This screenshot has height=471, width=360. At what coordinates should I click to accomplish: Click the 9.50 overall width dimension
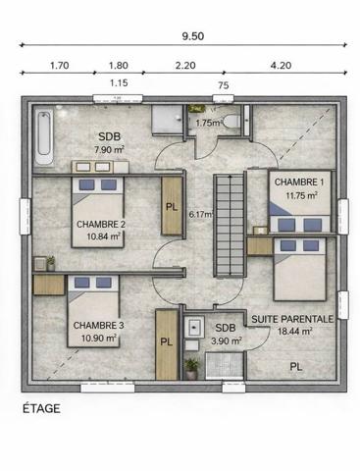(x=193, y=36)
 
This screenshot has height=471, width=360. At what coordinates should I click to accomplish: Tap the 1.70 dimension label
(x=59, y=66)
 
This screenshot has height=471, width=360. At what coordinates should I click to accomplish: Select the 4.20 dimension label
(x=281, y=66)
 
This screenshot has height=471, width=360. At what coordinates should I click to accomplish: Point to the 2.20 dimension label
(x=185, y=66)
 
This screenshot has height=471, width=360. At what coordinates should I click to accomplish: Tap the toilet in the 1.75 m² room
(x=231, y=122)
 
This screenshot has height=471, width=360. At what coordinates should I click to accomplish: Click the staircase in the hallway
(x=230, y=226)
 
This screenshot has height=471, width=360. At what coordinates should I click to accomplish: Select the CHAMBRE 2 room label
(x=101, y=225)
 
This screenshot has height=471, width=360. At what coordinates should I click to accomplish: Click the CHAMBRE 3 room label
(x=98, y=326)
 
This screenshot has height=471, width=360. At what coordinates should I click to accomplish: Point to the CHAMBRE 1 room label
(x=299, y=183)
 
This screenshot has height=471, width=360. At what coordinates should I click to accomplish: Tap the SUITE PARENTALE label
(x=292, y=319)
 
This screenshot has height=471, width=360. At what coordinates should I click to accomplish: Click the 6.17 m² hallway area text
(x=201, y=215)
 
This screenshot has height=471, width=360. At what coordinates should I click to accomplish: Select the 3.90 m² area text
(x=227, y=341)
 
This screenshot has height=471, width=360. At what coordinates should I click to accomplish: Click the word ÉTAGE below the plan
(x=41, y=409)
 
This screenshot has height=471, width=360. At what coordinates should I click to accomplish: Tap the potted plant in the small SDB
(x=191, y=369)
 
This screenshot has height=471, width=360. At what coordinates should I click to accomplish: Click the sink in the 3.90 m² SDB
(x=194, y=326)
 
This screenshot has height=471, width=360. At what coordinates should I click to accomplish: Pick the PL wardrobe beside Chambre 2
(x=172, y=206)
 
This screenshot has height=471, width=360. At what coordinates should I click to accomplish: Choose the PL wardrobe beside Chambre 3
(x=167, y=344)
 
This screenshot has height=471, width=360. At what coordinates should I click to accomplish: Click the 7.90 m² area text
(x=109, y=150)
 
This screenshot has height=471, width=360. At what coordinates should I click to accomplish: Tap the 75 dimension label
(x=224, y=85)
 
